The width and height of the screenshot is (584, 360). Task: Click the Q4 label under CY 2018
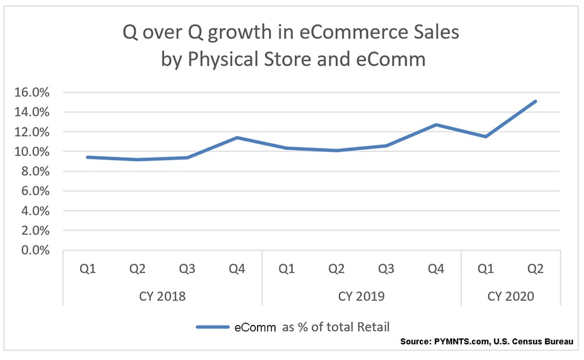(237, 269)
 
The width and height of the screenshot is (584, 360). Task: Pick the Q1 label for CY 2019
(287, 269)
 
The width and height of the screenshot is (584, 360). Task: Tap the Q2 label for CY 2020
(536, 269)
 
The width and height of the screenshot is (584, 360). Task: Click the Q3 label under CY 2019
(386, 269)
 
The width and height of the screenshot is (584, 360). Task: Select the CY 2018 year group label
(163, 296)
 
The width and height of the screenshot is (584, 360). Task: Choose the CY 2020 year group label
(510, 296)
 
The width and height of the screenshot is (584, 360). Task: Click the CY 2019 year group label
(361, 296)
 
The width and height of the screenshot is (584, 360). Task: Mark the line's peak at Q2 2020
(536, 102)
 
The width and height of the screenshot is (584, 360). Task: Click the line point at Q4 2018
(237, 138)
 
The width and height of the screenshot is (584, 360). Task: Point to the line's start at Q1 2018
(88, 157)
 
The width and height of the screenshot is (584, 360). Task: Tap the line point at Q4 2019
(436, 124)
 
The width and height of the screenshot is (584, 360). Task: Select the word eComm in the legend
(255, 327)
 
